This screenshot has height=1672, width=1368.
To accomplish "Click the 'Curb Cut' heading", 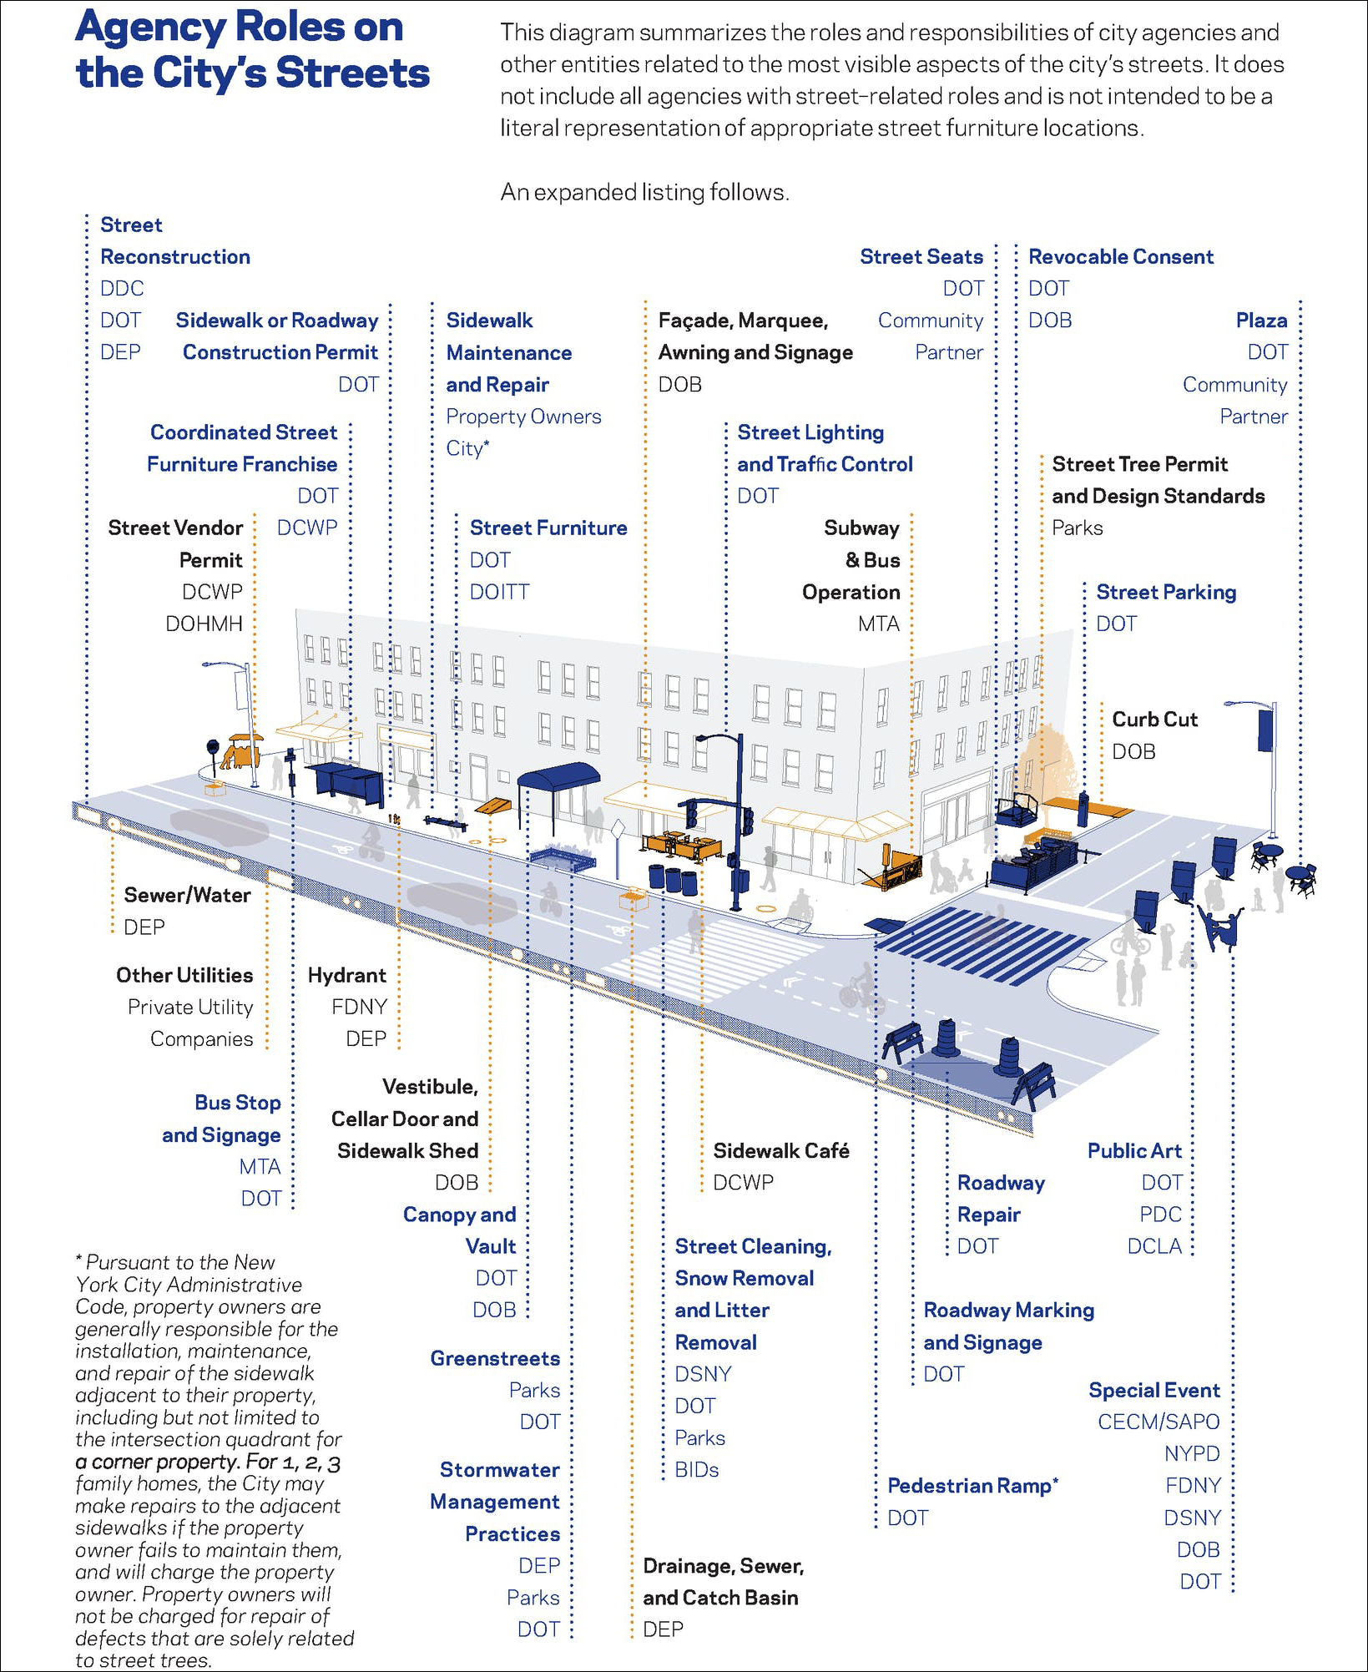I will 1154,720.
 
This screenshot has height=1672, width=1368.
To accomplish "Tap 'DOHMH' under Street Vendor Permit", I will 204,624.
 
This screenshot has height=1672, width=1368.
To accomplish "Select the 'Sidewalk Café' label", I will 780,1150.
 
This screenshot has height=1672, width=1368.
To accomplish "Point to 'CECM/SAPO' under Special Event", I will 1159,1422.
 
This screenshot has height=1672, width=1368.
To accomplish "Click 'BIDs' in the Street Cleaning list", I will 696,1469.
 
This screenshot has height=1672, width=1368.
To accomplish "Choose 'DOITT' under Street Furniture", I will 499,592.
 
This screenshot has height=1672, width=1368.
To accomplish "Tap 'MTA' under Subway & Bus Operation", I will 879,624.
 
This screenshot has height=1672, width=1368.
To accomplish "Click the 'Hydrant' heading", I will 346,975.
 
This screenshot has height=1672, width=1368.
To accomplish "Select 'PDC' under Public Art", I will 1161,1214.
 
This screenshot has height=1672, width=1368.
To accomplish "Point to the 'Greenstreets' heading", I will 495,1358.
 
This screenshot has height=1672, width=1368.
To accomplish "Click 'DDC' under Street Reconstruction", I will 122,288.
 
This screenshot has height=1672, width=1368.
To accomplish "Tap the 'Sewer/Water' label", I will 187,895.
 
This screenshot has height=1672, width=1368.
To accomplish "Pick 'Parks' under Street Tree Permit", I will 1077,528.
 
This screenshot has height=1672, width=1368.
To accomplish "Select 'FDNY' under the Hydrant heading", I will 359,1007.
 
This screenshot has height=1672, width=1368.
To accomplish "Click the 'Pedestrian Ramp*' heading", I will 972,1485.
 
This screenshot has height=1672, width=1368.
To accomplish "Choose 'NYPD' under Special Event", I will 1192,1453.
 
